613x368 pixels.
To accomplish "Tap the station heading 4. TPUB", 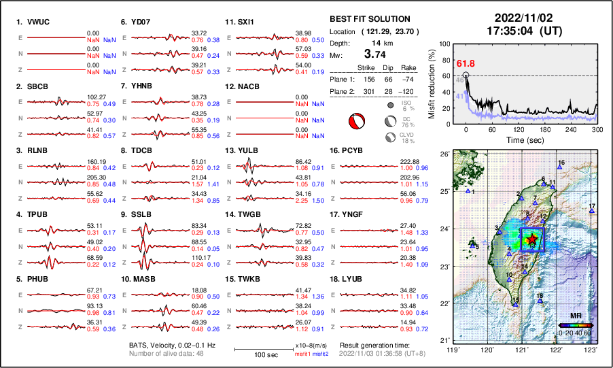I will (x=33, y=214).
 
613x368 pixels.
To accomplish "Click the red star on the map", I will (x=532, y=238).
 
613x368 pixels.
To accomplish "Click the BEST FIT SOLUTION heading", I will (x=369, y=19).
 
